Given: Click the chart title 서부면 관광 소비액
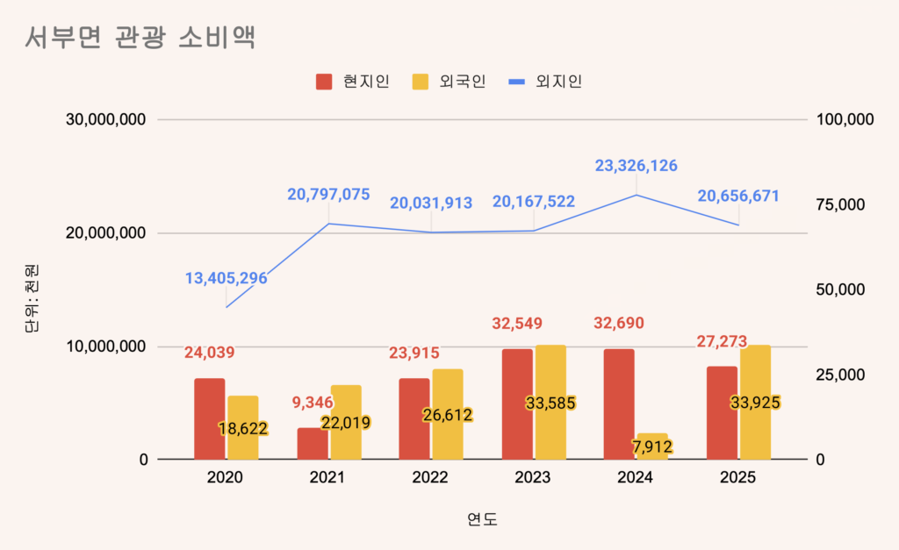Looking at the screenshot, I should pyautogui.click(x=140, y=39).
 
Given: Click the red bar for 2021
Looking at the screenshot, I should pyautogui.click(x=313, y=444).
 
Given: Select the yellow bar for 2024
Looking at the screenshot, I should pyautogui.click(x=652, y=446).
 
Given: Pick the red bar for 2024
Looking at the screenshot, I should pyautogui.click(x=619, y=404).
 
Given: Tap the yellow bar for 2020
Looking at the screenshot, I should pyautogui.click(x=242, y=428).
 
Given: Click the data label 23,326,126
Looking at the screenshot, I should pyautogui.click(x=636, y=165).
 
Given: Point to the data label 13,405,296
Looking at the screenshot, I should pyautogui.click(x=226, y=278).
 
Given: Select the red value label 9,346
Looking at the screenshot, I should pyautogui.click(x=313, y=404).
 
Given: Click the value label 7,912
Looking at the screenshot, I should pyautogui.click(x=652, y=447).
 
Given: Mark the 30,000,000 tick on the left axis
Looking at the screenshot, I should pyautogui.click(x=106, y=120).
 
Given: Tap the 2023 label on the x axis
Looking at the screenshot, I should pyautogui.click(x=533, y=478).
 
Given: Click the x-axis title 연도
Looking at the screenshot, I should pyautogui.click(x=482, y=519).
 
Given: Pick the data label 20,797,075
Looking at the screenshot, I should pyautogui.click(x=328, y=195).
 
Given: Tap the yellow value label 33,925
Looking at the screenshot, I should pyautogui.click(x=755, y=403).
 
